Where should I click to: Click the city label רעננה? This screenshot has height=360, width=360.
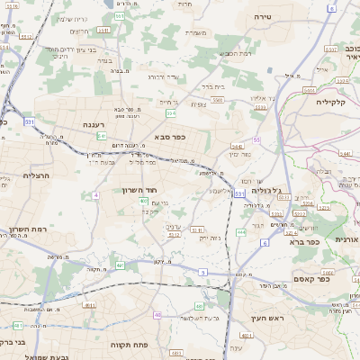tap(94, 126)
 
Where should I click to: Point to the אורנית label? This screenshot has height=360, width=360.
tap(346, 239)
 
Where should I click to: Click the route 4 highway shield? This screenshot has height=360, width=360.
tap(94, 194)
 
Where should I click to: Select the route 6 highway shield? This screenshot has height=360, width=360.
tap(265, 243)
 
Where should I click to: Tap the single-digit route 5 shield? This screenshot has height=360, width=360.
tap(203, 271)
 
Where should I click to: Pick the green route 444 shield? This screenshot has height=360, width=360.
tap(240, 232)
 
